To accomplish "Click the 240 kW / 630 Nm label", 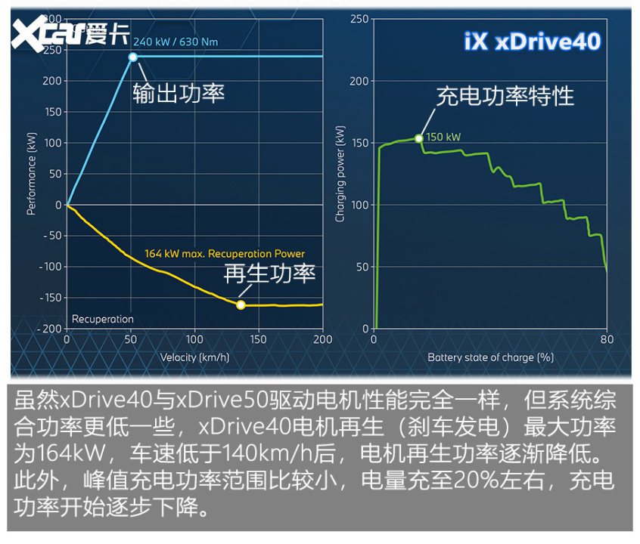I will [176, 42].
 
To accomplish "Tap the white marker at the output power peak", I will [133, 57].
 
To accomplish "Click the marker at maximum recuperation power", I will [241, 305].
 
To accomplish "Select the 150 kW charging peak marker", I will [418, 138].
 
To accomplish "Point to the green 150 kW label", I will [443, 138].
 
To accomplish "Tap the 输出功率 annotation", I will [179, 93].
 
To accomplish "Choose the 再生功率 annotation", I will [269, 274].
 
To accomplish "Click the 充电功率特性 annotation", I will [505, 96].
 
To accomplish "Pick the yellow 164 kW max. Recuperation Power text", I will [224, 254].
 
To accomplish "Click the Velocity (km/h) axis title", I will [194, 357].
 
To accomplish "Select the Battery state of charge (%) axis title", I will [491, 357].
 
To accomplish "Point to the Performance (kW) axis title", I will [32, 175].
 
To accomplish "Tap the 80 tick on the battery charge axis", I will [607, 340].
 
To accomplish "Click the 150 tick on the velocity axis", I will [259, 340].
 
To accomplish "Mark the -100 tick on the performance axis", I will [50, 267].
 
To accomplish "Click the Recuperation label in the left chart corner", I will [103, 320].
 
